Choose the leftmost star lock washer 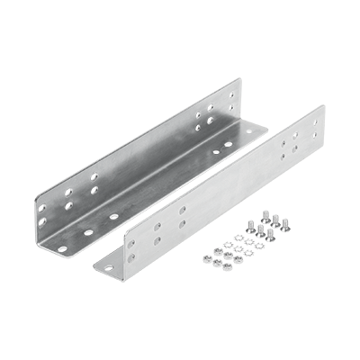[225, 240]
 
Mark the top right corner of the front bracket [323, 105]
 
